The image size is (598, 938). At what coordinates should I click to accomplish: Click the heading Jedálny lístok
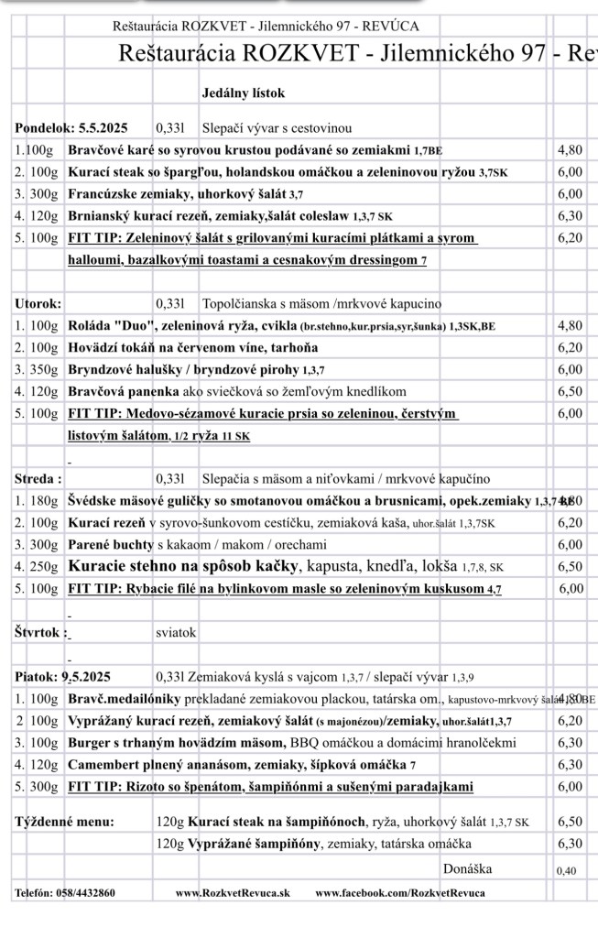click(243, 93)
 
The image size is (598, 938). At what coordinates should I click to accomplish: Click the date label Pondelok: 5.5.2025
click(71, 128)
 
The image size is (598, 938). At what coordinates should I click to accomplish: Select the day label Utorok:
click(38, 303)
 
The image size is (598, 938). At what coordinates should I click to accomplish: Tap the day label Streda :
click(39, 479)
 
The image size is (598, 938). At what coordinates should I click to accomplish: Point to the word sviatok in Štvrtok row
click(176, 633)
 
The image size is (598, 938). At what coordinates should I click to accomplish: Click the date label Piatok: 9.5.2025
click(62, 678)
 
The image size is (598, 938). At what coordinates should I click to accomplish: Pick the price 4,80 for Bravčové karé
click(570, 150)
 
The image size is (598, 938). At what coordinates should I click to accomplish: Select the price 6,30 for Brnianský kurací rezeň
click(570, 216)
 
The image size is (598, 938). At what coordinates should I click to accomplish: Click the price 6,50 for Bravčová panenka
click(570, 391)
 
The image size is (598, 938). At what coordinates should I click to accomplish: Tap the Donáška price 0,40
click(567, 870)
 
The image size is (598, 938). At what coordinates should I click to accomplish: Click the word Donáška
click(466, 868)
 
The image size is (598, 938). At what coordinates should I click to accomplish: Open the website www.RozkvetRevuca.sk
click(233, 892)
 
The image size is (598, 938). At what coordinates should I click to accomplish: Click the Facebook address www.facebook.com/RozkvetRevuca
click(400, 892)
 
